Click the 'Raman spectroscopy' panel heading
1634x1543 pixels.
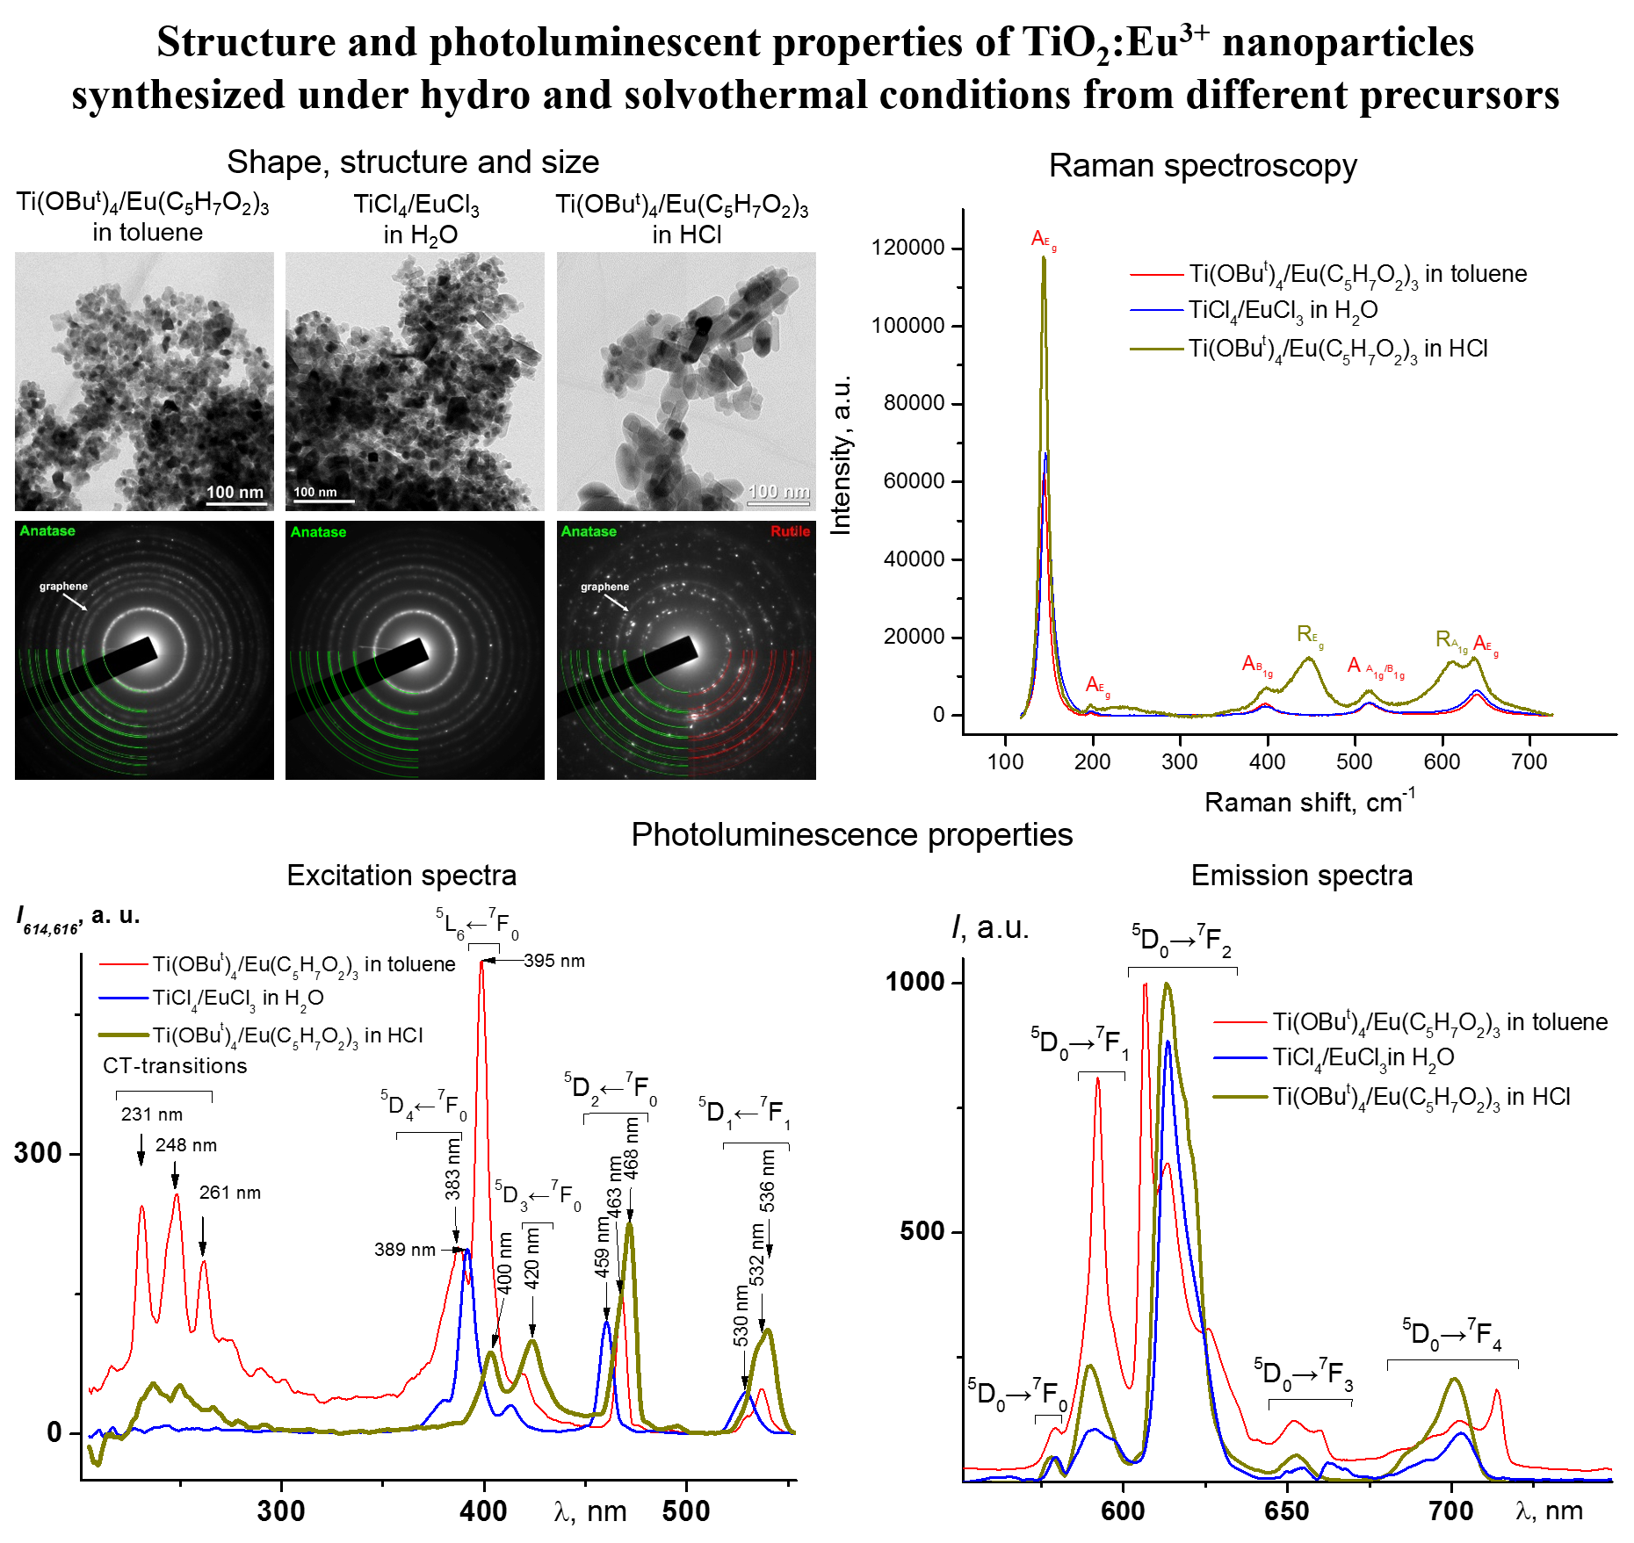click(x=1203, y=166)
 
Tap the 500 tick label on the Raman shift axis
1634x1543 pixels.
click(x=1354, y=761)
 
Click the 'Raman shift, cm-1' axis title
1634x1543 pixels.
click(x=1309, y=801)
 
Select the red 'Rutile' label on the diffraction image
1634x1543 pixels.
click(x=790, y=531)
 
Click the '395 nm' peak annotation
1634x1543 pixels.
click(x=554, y=961)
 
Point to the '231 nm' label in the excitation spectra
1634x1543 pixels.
click(x=152, y=1114)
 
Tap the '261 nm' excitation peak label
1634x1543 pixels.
click(x=230, y=1193)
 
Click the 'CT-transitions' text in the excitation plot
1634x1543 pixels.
click(x=175, y=1066)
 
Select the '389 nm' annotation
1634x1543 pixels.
click(x=405, y=1249)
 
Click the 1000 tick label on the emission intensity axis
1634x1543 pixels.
click(x=915, y=981)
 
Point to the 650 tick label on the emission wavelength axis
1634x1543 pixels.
click(x=1287, y=1511)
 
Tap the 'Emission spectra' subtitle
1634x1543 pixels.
click(x=1301, y=876)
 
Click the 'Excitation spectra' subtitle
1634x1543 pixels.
click(x=401, y=876)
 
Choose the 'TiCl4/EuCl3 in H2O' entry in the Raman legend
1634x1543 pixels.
click(x=1283, y=311)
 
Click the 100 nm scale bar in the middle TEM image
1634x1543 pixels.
click(x=323, y=501)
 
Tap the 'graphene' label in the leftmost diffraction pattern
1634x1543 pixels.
click(x=63, y=586)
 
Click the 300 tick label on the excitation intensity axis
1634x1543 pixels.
click(x=37, y=1153)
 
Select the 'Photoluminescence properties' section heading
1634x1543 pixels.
click(x=851, y=834)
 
